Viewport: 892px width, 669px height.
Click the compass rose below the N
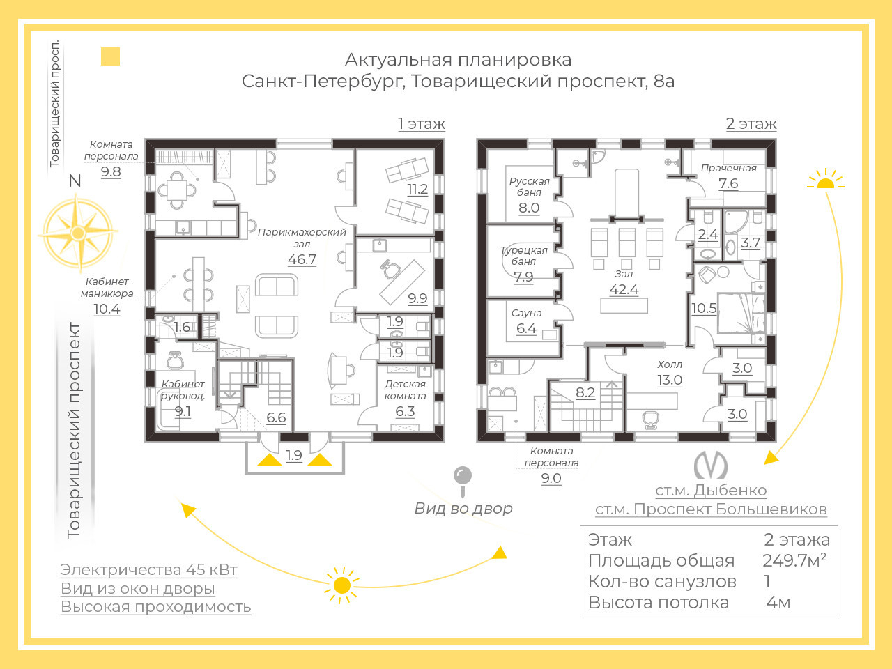click(x=77, y=233)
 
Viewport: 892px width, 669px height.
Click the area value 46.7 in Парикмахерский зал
click(x=302, y=259)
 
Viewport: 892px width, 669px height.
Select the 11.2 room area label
click(x=417, y=190)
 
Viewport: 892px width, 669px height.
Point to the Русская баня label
click(x=529, y=187)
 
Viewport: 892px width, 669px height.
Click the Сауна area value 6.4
click(x=526, y=328)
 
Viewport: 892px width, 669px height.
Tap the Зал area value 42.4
click(x=624, y=290)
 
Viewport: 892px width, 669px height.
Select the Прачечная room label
click(x=729, y=168)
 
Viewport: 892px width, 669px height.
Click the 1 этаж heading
click(x=422, y=123)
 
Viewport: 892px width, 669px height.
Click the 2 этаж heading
click(x=751, y=123)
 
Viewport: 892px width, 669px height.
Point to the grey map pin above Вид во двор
click(x=463, y=482)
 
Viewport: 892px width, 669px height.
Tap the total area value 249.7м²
click(x=794, y=560)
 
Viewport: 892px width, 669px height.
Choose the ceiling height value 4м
click(x=778, y=603)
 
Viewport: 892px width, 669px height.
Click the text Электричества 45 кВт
click(x=148, y=569)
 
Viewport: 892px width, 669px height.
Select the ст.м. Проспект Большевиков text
click(x=711, y=509)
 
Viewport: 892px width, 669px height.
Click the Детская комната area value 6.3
click(x=405, y=411)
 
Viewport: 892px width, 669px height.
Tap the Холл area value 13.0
click(x=670, y=380)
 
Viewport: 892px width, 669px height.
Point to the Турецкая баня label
click(x=524, y=256)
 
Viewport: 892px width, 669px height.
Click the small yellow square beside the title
click(x=110, y=56)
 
